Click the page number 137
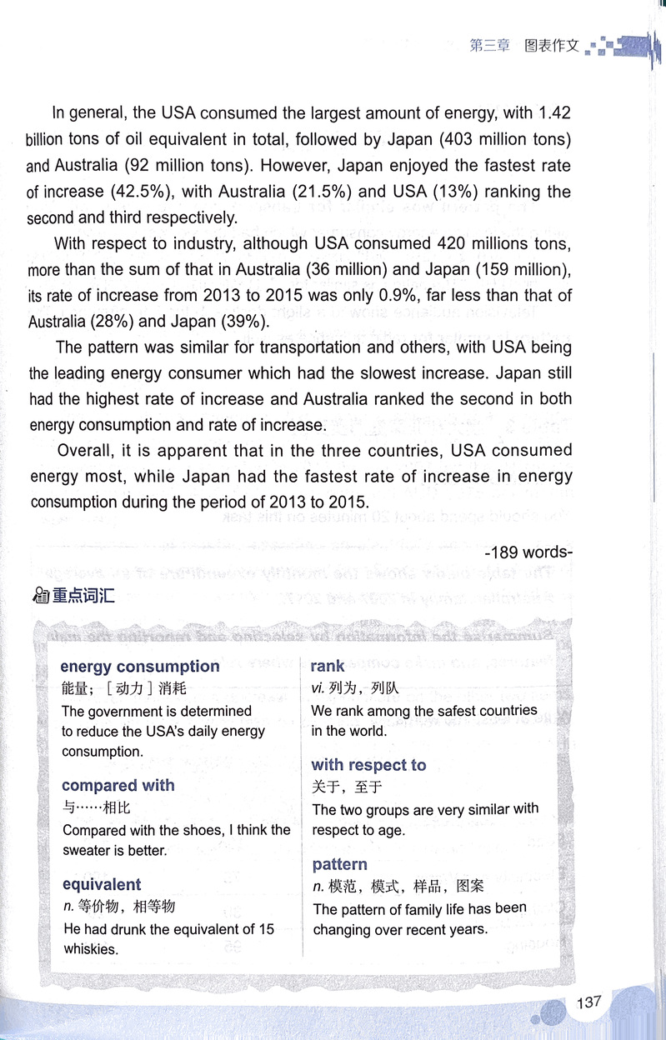[588, 1002]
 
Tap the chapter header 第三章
[489, 46]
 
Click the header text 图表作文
[551, 46]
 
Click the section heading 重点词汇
[83, 597]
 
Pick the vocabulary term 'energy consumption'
[139, 667]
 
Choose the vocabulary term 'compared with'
[118, 785]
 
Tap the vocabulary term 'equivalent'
[101, 884]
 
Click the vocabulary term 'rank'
[327, 666]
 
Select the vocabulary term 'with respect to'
[368, 765]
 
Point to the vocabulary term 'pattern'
[339, 864]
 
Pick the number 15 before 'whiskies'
[265, 929]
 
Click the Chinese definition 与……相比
[96, 807]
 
